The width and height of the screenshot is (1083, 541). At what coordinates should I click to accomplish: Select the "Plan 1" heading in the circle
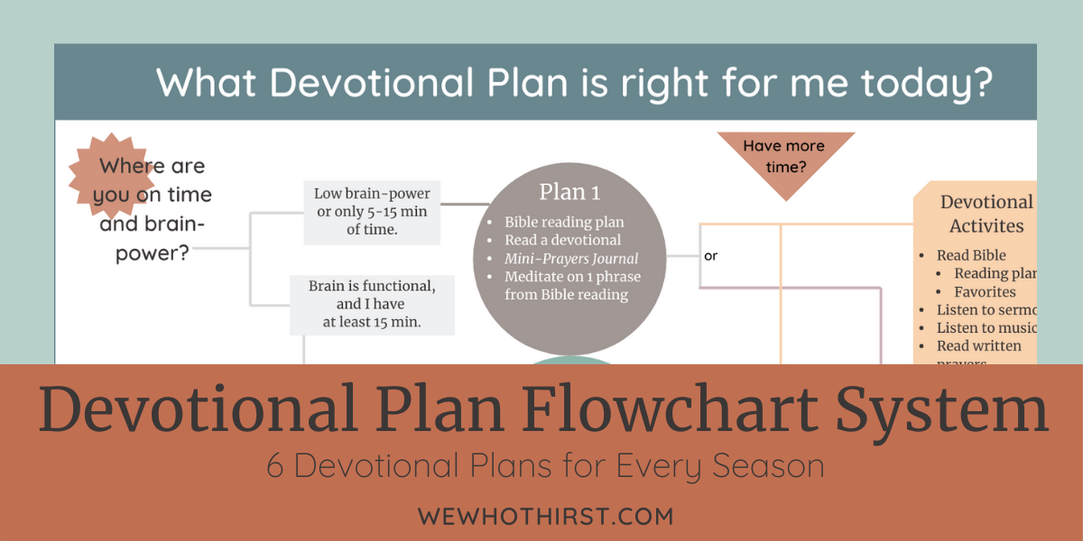[569, 192]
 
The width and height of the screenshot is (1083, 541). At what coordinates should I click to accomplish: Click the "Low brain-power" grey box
[372, 211]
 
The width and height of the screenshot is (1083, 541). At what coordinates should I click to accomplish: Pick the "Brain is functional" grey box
[372, 304]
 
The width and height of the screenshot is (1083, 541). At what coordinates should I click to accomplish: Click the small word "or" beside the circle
[711, 256]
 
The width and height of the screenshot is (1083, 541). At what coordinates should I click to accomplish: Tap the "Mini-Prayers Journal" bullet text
[571, 259]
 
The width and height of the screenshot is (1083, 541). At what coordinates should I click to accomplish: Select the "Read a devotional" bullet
[563, 240]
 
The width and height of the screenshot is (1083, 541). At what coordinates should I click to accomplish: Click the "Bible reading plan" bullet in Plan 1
[564, 222]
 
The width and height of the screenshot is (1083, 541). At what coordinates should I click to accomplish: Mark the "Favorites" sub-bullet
[985, 292]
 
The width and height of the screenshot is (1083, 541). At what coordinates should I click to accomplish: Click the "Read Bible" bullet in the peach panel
[971, 255]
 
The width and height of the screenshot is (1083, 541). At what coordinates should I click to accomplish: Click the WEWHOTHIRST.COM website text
[545, 517]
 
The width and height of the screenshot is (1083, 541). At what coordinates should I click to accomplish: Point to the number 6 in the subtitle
[276, 466]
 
